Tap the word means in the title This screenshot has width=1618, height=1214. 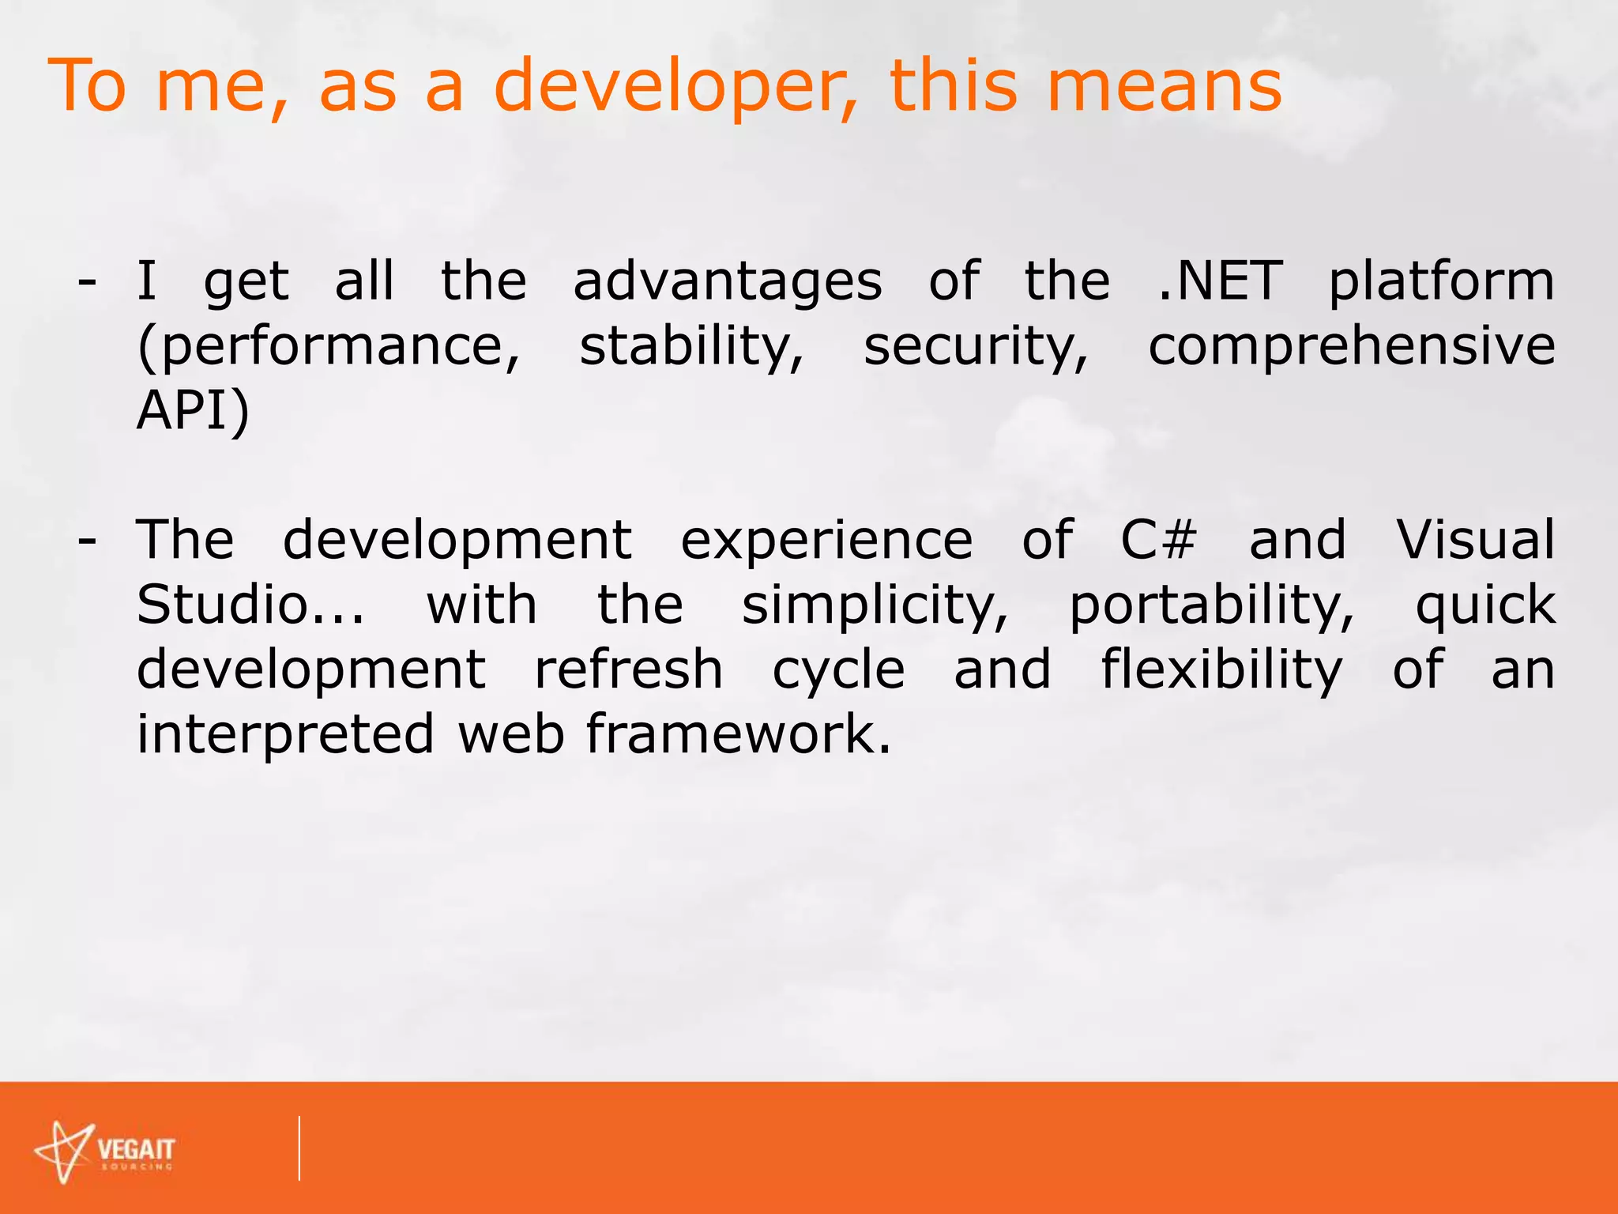(1164, 87)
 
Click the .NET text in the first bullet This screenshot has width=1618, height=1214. (1220, 281)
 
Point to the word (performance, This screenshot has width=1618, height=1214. (329, 348)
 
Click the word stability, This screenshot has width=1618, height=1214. (691, 346)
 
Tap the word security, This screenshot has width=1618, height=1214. (976, 348)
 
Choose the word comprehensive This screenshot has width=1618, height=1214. (1351, 348)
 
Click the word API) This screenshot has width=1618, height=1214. (193, 411)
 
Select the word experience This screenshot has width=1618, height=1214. (826, 541)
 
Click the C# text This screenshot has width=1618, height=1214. (1158, 540)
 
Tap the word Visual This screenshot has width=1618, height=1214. (1475, 540)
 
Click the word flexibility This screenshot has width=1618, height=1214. (1221, 670)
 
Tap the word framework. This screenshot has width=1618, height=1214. (739, 733)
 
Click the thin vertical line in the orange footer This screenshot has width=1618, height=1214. (299, 1148)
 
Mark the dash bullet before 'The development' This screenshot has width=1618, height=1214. (87, 541)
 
